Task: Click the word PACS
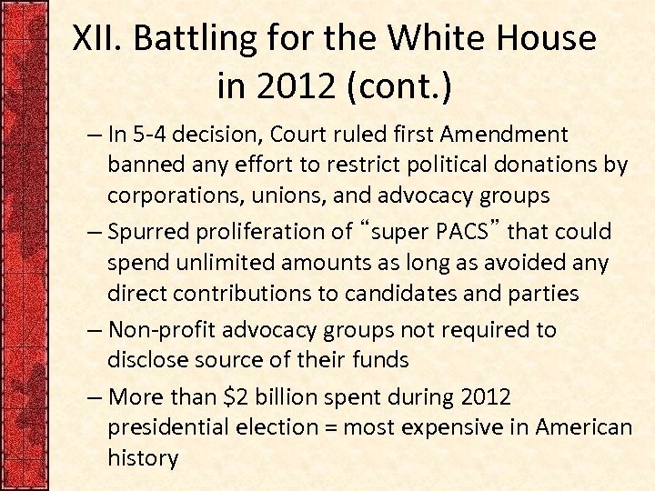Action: pos(462,232)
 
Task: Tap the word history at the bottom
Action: pos(143,457)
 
